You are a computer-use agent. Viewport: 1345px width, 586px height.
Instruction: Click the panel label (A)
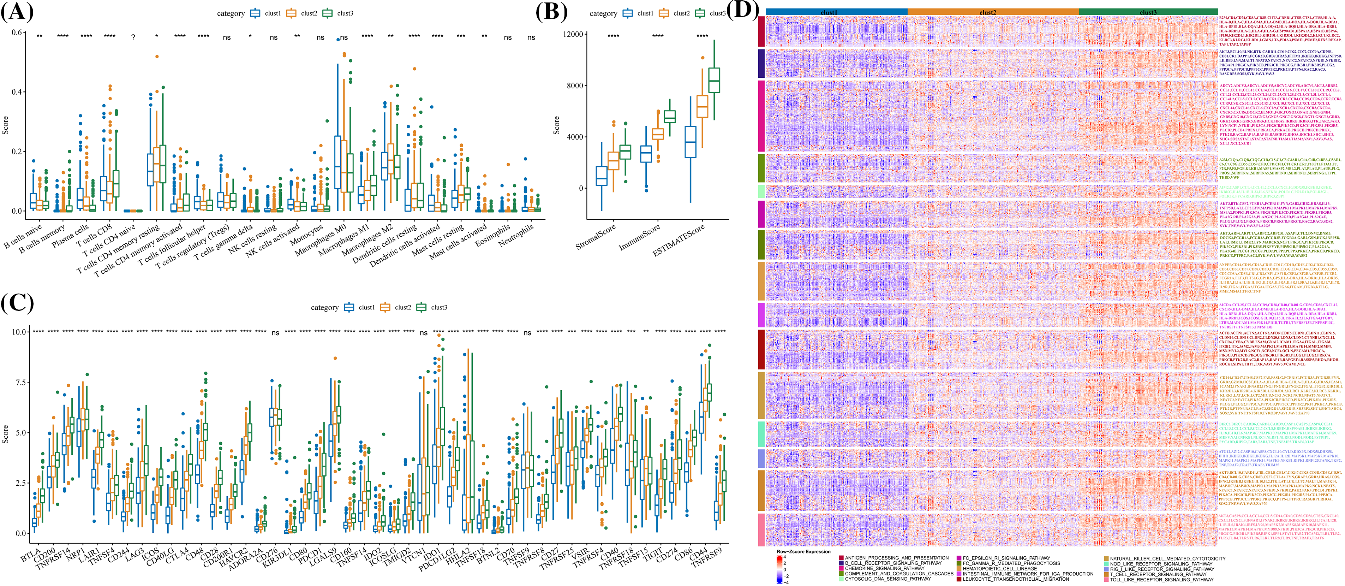(17, 12)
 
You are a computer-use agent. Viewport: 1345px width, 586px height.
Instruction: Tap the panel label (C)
(17, 303)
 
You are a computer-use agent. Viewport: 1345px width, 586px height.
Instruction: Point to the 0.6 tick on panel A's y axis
(17, 32)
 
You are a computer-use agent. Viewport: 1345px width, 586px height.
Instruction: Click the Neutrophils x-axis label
(516, 236)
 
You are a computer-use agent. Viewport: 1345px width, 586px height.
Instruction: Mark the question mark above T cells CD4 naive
(133, 37)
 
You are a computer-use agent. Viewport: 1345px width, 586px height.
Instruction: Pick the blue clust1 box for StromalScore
(602, 176)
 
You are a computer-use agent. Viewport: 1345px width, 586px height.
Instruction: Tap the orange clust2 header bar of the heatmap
(987, 12)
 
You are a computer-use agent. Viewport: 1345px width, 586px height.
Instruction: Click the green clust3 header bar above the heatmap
(1148, 12)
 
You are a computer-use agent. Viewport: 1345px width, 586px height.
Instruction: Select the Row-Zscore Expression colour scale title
(803, 551)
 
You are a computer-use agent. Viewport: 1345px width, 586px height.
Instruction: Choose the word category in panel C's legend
(325, 308)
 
